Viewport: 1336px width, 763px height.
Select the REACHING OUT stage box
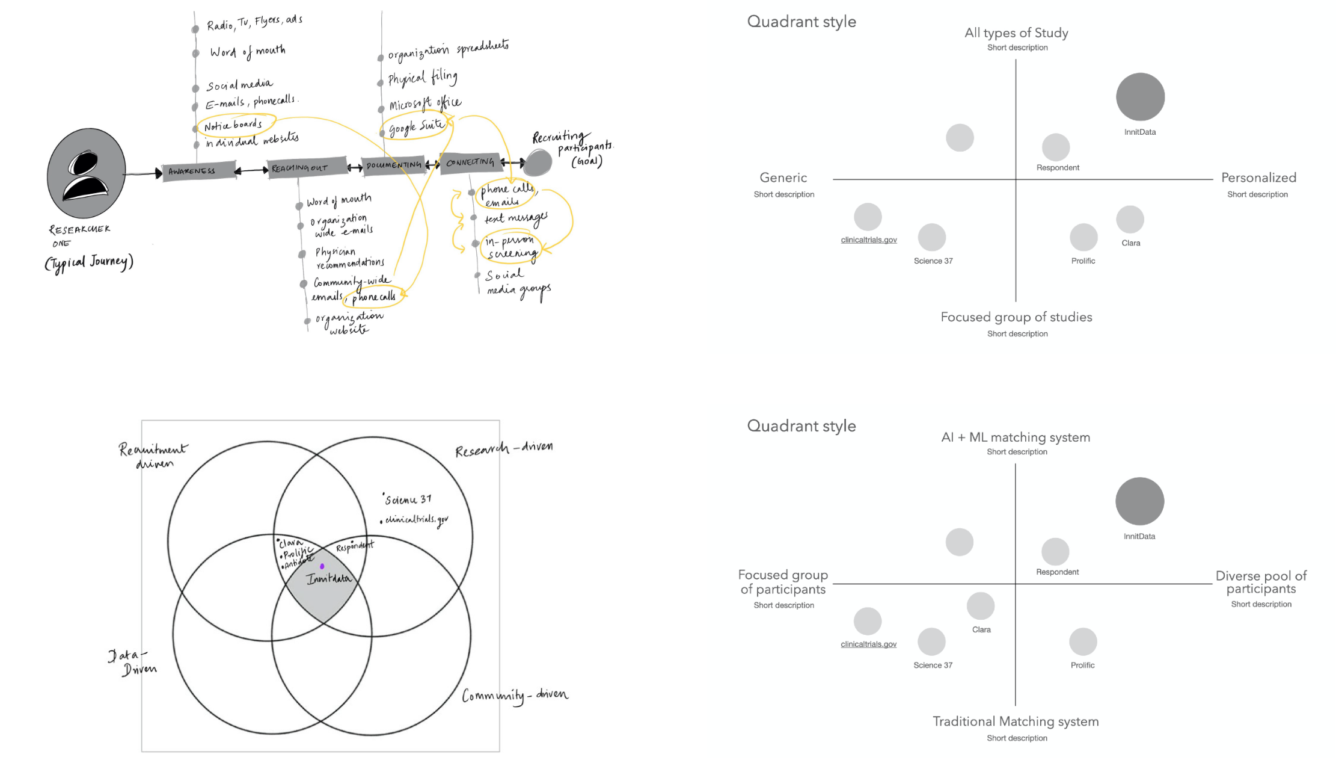coord(306,168)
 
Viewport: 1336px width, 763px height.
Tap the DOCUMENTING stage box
coord(394,165)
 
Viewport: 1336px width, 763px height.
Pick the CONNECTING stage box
coord(470,162)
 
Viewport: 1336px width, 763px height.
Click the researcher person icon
coord(87,173)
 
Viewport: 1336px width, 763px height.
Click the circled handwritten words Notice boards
coord(234,125)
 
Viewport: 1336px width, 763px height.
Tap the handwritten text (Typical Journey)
coord(89,263)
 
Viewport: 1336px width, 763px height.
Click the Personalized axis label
coord(1258,178)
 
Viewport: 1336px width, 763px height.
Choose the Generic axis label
coord(783,178)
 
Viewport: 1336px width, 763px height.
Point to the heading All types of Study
coord(1016,33)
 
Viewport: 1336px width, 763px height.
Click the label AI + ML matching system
coord(1016,437)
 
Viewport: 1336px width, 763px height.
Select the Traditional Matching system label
coord(1016,721)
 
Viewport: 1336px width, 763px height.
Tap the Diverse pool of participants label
coord(1261,582)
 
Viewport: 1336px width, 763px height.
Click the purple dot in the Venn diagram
coord(322,566)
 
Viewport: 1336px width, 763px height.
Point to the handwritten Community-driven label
coord(515,696)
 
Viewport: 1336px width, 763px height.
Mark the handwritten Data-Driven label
coord(133,663)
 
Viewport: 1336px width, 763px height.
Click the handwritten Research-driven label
coord(504,449)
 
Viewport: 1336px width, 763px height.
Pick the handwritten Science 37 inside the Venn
coord(408,499)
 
